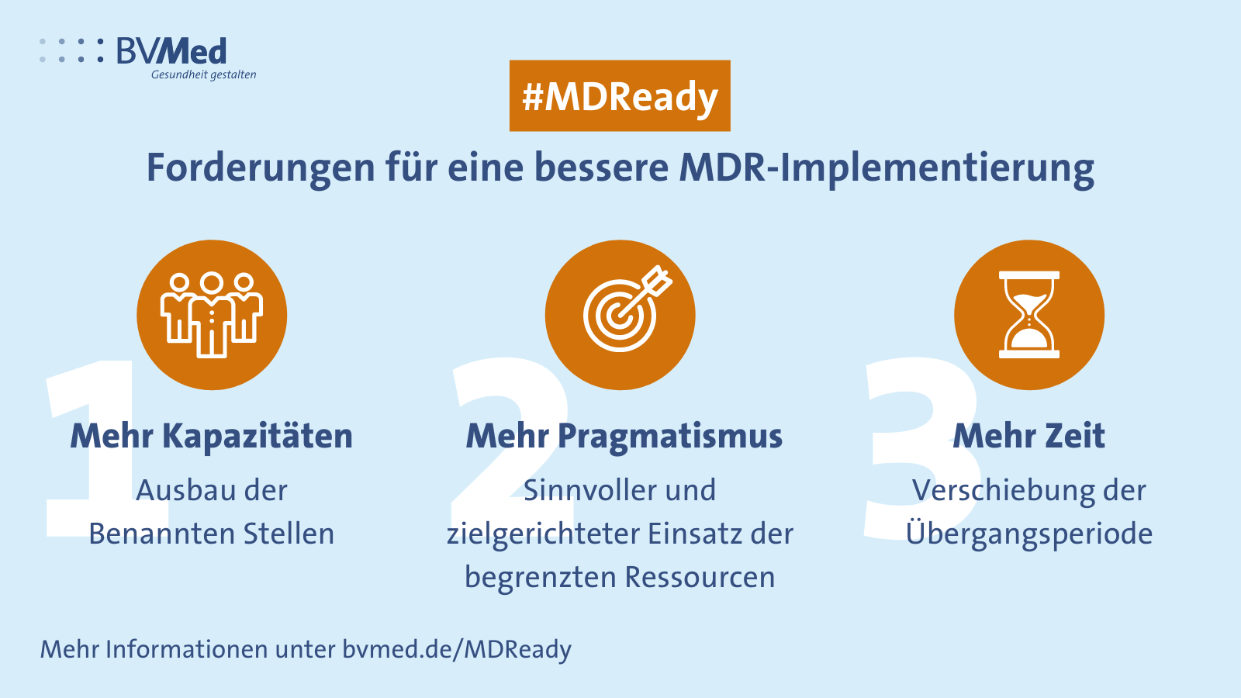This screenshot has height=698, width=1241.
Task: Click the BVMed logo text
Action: tap(171, 51)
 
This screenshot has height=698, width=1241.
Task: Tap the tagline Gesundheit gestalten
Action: tap(203, 74)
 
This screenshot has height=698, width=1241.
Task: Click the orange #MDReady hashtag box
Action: tap(620, 96)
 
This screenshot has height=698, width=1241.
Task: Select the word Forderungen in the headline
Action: tap(261, 168)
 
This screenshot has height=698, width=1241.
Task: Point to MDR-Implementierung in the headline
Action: tap(887, 168)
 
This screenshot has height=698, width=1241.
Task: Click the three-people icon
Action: tap(212, 315)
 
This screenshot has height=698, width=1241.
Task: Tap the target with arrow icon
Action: tap(627, 309)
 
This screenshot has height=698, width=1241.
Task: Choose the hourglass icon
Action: tap(1028, 315)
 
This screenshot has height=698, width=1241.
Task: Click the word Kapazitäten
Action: tap(258, 436)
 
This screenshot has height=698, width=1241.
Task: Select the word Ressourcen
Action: tap(700, 577)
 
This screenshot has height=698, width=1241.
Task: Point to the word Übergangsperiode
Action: tap(1029, 534)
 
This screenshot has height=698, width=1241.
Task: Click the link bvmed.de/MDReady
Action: tap(457, 649)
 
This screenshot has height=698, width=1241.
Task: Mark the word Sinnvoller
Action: tap(589, 491)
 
